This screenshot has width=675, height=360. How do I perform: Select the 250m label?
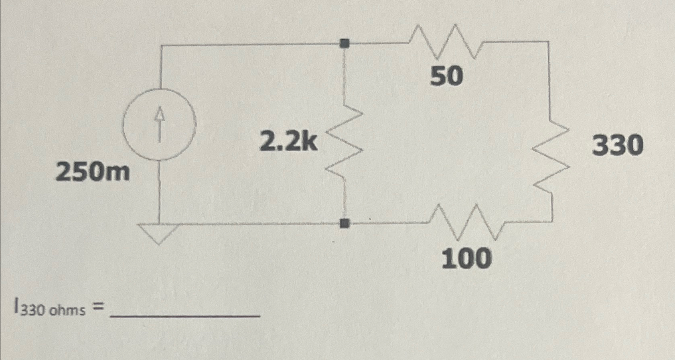93,173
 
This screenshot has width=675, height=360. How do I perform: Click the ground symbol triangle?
159,232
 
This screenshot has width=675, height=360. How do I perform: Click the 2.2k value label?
288,142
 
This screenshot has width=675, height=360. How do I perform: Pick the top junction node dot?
344,43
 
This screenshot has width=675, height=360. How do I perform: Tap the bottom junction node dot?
344,223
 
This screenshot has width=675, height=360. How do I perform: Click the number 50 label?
446,76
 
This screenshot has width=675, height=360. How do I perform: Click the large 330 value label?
618,145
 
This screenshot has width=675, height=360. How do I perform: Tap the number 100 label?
466,258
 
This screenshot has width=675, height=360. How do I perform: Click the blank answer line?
185,316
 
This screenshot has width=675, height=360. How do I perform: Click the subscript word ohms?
67,311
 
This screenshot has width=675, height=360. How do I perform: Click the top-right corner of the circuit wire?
548,41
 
